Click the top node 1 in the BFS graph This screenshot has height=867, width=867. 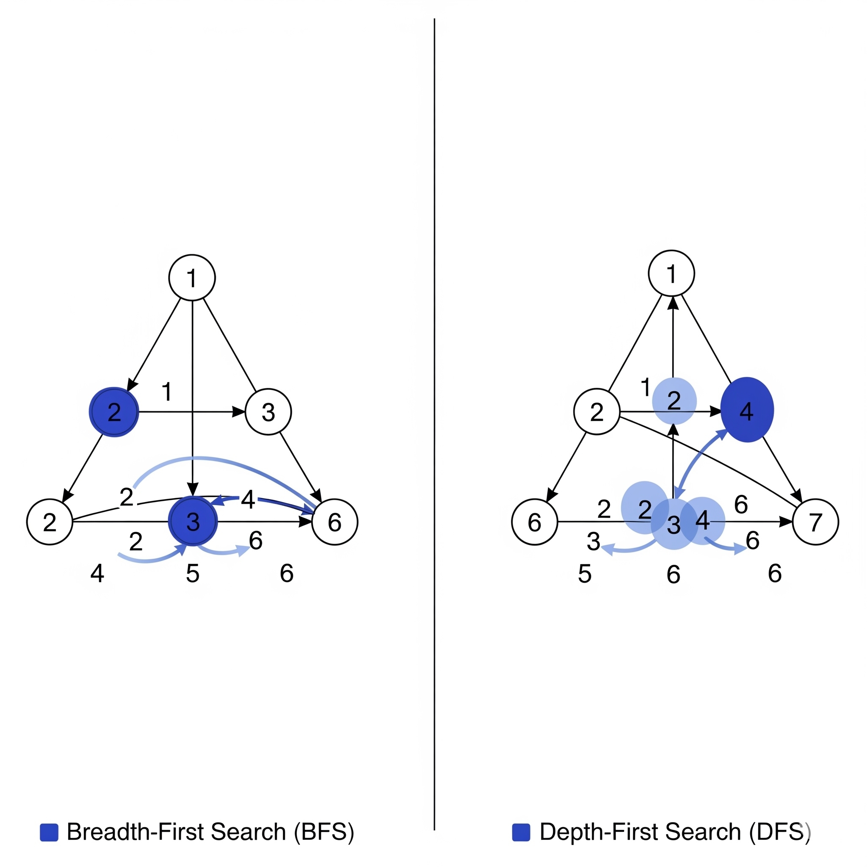pyautogui.click(x=192, y=277)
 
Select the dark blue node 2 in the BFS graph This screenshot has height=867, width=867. pyautogui.click(x=114, y=411)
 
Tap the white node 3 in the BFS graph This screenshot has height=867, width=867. pyautogui.click(x=268, y=412)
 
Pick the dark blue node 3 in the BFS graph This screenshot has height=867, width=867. pyautogui.click(x=193, y=522)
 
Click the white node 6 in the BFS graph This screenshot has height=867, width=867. pyautogui.click(x=335, y=522)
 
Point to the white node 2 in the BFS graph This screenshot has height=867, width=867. pyautogui.click(x=50, y=522)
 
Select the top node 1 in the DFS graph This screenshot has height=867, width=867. pyautogui.click(x=671, y=273)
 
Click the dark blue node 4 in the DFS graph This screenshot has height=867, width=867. pyautogui.click(x=747, y=410)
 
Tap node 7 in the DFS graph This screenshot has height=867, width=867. pyautogui.click(x=815, y=522)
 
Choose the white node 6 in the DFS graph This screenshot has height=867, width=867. pyautogui.click(x=535, y=522)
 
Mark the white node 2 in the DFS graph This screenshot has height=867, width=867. pyautogui.click(x=597, y=411)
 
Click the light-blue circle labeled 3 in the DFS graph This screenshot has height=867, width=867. pyautogui.click(x=674, y=525)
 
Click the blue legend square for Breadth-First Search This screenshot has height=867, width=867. pyautogui.click(x=49, y=832)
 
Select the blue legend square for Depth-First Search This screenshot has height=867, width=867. pyautogui.click(x=521, y=832)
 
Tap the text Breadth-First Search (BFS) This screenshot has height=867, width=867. pyautogui.click(x=210, y=832)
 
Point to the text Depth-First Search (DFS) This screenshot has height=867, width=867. pyautogui.click(x=674, y=832)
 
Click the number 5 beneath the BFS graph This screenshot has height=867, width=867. pyautogui.click(x=193, y=574)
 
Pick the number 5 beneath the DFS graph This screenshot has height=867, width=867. pyautogui.click(x=584, y=574)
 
